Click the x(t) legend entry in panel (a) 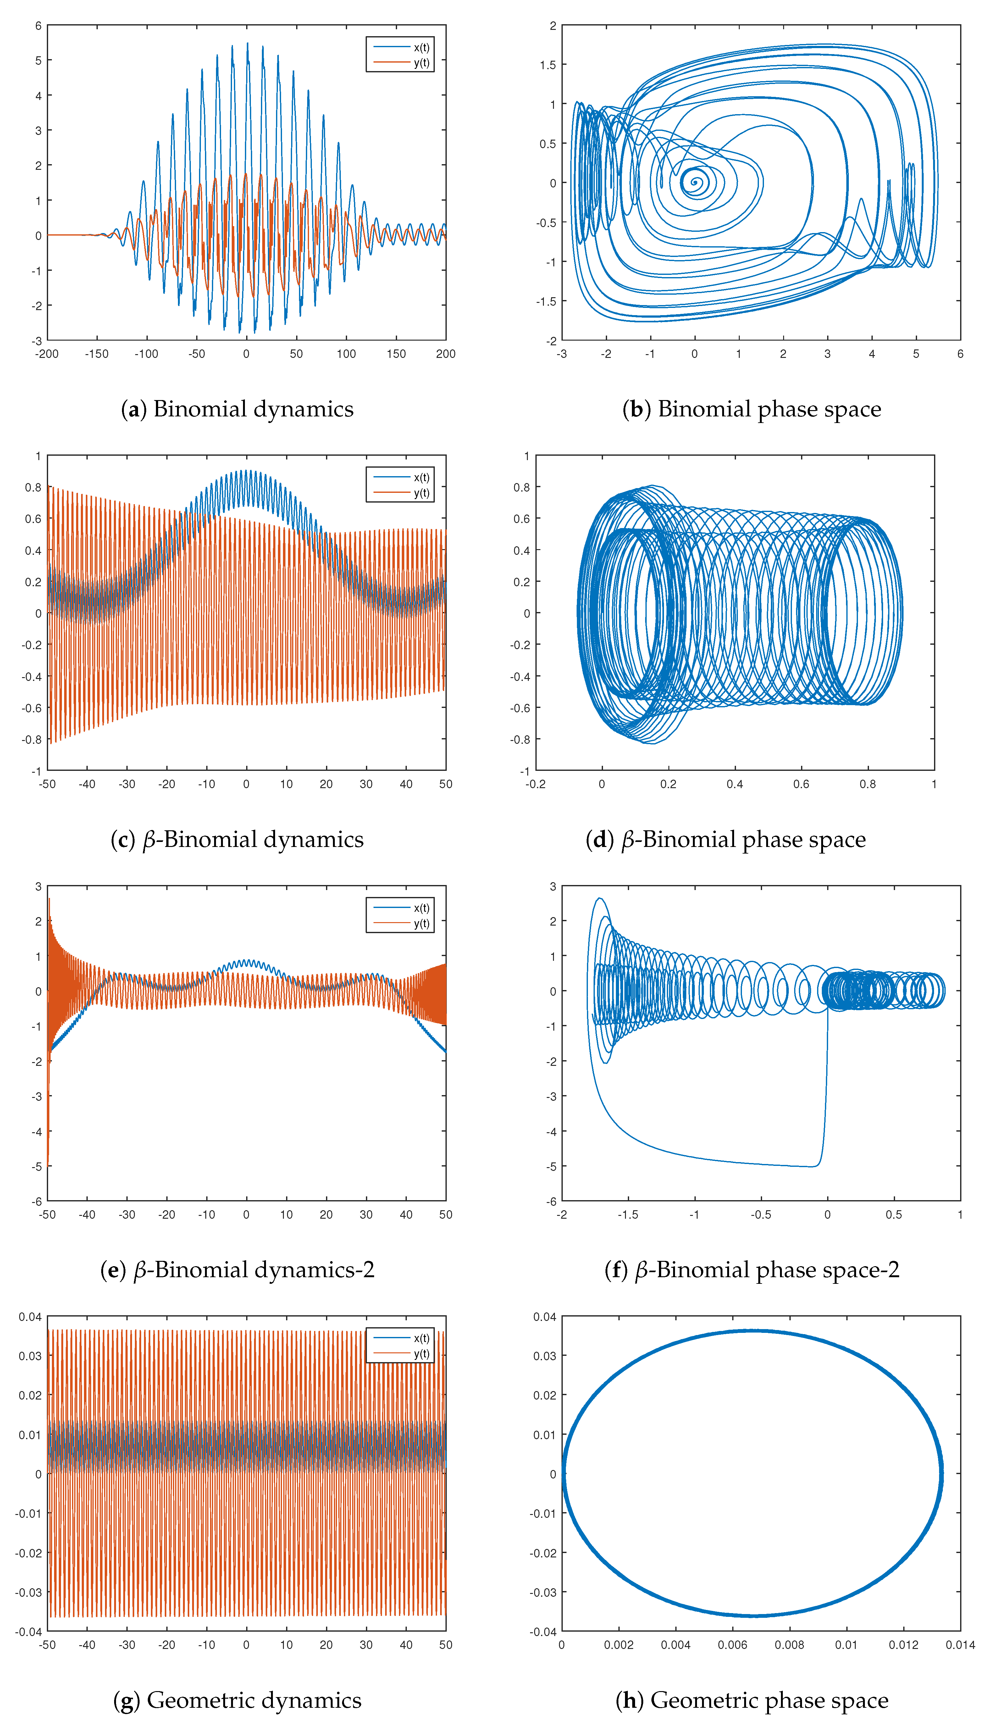click(421, 47)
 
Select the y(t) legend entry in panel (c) click(421, 493)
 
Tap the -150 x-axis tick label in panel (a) click(97, 354)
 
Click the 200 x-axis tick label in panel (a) click(445, 354)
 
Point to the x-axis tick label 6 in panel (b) click(960, 354)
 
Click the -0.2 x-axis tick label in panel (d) click(535, 784)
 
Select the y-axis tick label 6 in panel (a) click(38, 26)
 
